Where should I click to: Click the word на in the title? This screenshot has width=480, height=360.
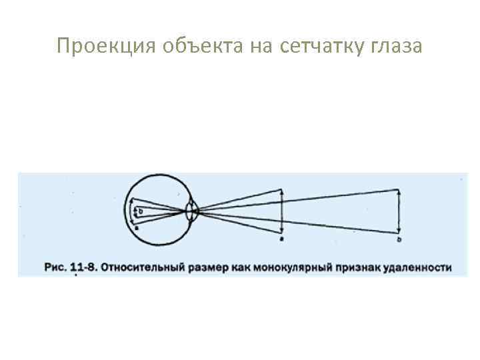[257, 46]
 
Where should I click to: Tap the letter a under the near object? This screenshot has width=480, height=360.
[282, 238]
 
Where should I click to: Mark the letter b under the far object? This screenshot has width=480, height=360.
[399, 239]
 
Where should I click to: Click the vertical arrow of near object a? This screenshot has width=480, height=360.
[282, 211]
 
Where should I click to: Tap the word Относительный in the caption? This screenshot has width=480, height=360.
[142, 267]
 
